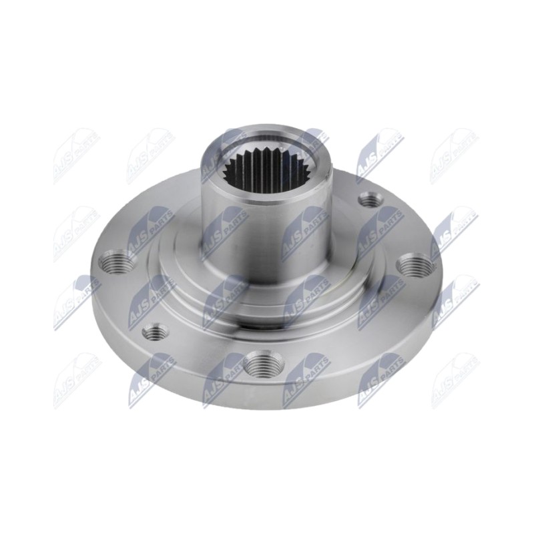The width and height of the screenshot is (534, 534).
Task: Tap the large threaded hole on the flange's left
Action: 115,261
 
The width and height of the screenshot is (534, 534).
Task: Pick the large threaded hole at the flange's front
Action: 262,366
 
